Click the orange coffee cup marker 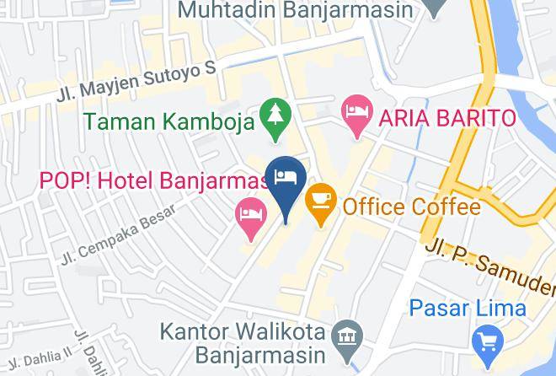(321, 202)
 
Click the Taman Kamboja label (169, 122)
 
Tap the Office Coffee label (411, 207)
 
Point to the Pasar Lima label (468, 308)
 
